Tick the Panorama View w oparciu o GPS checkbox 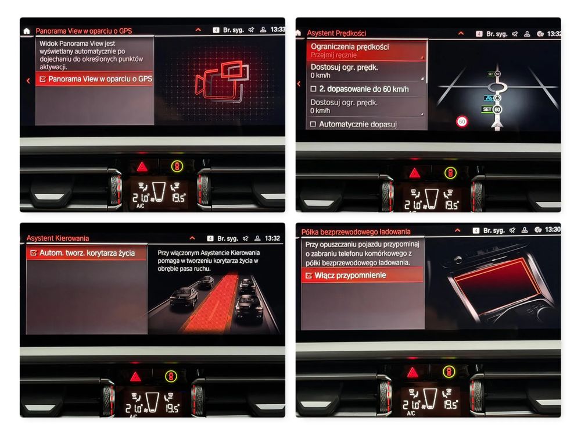[x=42, y=79]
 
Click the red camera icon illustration [x=221, y=83]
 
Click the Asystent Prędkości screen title [x=336, y=33]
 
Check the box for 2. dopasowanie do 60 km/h [x=313, y=89]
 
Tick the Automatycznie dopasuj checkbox [x=313, y=124]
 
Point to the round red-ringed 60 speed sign [x=462, y=122]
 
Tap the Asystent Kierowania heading [x=58, y=238]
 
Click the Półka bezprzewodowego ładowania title [x=356, y=232]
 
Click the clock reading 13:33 [x=278, y=30]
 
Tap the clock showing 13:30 [x=553, y=230]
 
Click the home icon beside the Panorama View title [x=27, y=31]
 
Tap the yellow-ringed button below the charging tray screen [x=449, y=372]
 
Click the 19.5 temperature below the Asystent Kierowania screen [x=173, y=408]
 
